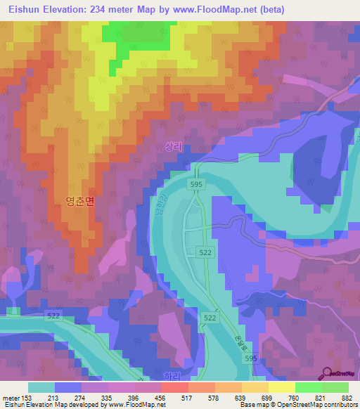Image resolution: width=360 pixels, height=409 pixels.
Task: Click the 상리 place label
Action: (173, 147)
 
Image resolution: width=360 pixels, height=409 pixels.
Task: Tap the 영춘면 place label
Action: (79, 201)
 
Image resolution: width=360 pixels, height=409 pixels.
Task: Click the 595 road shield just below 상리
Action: (197, 183)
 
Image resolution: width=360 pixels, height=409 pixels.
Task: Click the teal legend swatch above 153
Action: (41, 387)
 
